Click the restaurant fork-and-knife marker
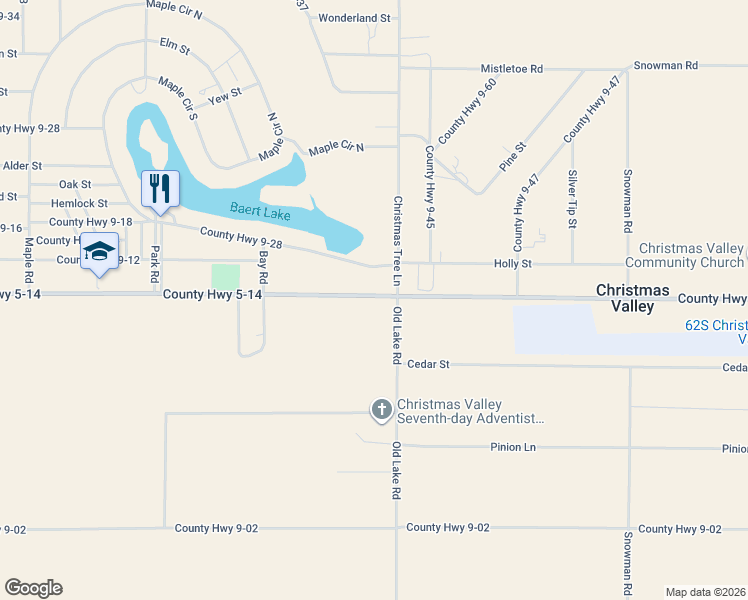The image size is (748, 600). pyautogui.click(x=160, y=188)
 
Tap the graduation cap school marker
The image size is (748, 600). pyautogui.click(x=99, y=250)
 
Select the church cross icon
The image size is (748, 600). pyautogui.click(x=381, y=408)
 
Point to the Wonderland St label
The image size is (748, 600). pyautogui.click(x=354, y=18)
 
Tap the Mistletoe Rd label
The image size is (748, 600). pyautogui.click(x=511, y=69)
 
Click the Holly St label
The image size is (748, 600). pyautogui.click(x=513, y=264)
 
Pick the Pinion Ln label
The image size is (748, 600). pyautogui.click(x=514, y=447)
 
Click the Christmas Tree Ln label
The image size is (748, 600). pyautogui.click(x=397, y=240)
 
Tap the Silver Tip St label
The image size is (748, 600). pyautogui.click(x=573, y=200)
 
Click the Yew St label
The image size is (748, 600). pyautogui.click(x=225, y=94)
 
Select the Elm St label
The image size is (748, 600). pyautogui.click(x=174, y=44)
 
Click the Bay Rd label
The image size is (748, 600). pyautogui.click(x=264, y=265)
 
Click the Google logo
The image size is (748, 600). pyautogui.click(x=33, y=588)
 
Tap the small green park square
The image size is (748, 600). pyautogui.click(x=226, y=276)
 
